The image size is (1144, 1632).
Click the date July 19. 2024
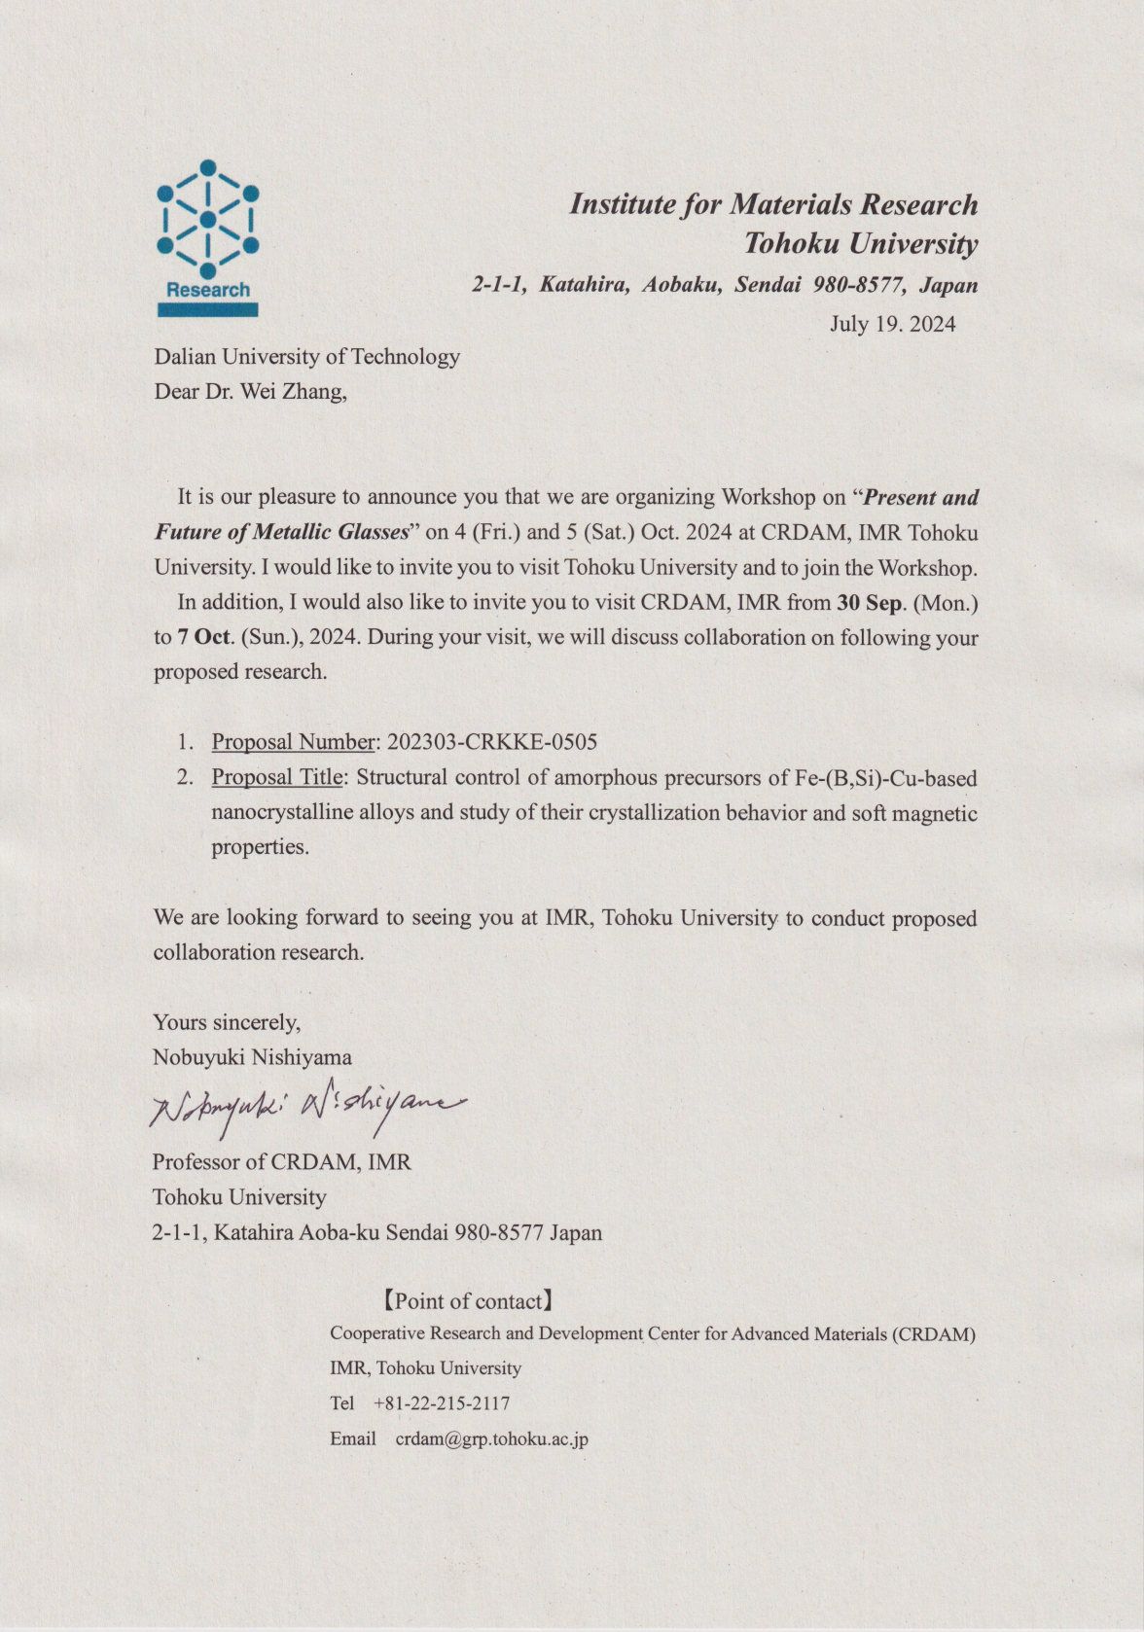(x=892, y=324)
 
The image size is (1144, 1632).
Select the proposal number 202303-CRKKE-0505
(x=492, y=742)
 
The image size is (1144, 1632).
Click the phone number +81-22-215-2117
(x=442, y=1403)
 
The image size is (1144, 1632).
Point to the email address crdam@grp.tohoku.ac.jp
(x=491, y=1439)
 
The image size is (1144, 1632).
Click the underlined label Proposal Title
(x=277, y=777)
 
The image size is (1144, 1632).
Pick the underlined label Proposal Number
(x=293, y=742)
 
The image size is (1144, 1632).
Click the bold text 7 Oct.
(x=205, y=637)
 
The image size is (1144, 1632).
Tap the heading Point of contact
(x=467, y=1301)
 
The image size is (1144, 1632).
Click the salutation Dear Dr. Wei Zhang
(x=250, y=392)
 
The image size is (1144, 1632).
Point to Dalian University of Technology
(x=306, y=357)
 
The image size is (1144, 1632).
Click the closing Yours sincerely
(x=227, y=1022)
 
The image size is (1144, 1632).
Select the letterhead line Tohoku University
(x=860, y=243)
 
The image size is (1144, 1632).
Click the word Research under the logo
(x=208, y=290)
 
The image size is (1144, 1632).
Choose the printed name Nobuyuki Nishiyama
(x=252, y=1057)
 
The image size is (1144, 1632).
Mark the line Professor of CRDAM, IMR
(x=281, y=1162)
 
